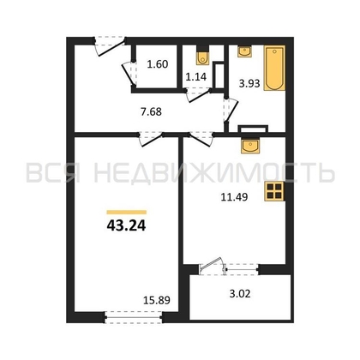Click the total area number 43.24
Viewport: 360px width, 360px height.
[x=126, y=225]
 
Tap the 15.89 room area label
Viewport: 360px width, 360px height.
[x=156, y=300]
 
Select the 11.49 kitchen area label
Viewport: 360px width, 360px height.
[x=234, y=197]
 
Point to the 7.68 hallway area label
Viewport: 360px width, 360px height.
[x=151, y=111]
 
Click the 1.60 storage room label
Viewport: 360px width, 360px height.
[x=158, y=64]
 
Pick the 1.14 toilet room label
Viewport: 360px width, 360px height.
[x=196, y=76]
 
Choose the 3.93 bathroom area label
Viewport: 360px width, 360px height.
[x=249, y=83]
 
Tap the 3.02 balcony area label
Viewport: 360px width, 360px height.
[x=240, y=294]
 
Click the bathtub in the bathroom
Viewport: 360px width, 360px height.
[x=274, y=68]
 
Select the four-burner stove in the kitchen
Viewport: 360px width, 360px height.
[x=274, y=191]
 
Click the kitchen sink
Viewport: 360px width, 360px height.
[x=250, y=147]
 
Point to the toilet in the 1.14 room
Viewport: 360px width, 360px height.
[x=202, y=58]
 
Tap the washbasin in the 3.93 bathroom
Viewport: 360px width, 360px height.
[x=244, y=51]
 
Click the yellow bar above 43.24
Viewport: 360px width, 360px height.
[x=127, y=213]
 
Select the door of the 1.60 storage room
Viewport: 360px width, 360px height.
[x=129, y=73]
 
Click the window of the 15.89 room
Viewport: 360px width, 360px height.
[x=134, y=317]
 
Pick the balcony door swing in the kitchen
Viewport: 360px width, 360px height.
[x=212, y=265]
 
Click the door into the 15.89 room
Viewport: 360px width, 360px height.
[x=151, y=139]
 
